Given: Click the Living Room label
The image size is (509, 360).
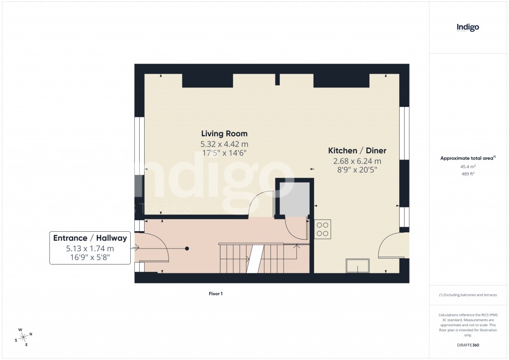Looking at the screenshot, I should [224, 134].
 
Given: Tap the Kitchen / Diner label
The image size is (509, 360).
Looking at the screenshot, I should [357, 151].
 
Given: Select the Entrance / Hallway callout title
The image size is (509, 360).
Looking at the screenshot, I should [90, 238].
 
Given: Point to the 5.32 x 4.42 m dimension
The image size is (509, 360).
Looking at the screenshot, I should [224, 144].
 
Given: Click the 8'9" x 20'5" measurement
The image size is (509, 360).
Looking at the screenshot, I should [357, 170].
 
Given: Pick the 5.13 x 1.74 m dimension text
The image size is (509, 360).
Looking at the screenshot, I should [90, 249].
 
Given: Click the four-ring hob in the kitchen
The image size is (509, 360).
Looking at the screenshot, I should [322, 229].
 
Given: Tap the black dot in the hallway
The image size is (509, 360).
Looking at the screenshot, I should [187, 248].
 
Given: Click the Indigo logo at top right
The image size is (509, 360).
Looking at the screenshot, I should [468, 27].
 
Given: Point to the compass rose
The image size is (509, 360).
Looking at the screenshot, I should [24, 337].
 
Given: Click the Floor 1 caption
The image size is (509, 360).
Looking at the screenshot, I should [216, 294].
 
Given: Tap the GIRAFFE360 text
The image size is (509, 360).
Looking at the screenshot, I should [468, 345].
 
